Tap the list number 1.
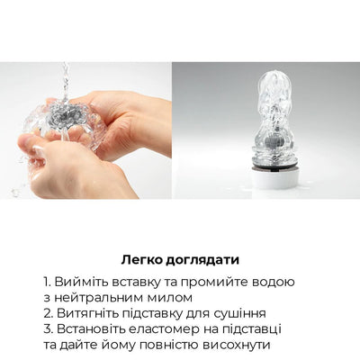click(x=46, y=282)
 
